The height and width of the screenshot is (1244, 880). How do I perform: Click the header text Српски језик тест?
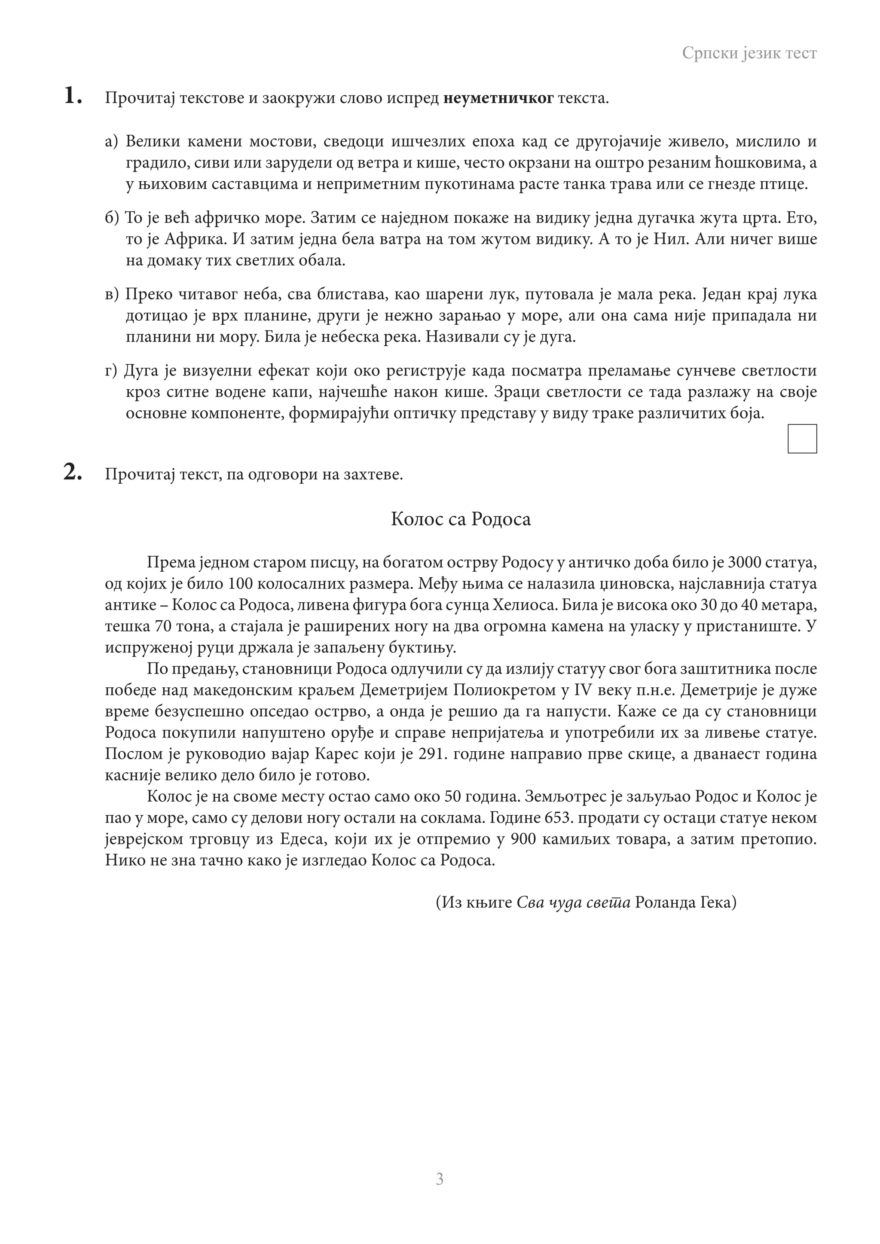pyautogui.click(x=749, y=53)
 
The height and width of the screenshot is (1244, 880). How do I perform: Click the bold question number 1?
pyautogui.click(x=73, y=97)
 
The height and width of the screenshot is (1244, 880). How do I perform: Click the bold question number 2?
pyautogui.click(x=73, y=473)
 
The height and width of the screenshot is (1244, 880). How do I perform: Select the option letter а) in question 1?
pyautogui.click(x=111, y=142)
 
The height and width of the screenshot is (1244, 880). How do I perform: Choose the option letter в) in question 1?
pyautogui.click(x=111, y=295)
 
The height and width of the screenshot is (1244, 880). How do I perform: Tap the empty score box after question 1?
pyautogui.click(x=801, y=439)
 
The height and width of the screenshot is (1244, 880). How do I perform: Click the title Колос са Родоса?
pyautogui.click(x=461, y=519)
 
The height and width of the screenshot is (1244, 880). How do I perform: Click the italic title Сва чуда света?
pyautogui.click(x=573, y=903)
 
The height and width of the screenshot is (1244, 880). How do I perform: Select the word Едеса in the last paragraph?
pyautogui.click(x=301, y=839)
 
